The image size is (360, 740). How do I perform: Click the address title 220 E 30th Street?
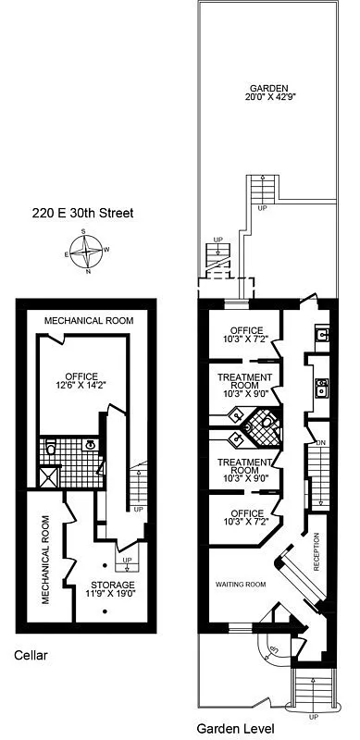point(81,214)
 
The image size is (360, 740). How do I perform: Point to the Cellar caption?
point(31,655)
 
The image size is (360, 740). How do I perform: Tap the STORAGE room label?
point(112,586)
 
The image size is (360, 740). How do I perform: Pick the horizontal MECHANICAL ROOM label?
point(90,321)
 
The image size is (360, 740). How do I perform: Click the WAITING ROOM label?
point(241,585)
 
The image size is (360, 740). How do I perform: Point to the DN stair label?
point(321,443)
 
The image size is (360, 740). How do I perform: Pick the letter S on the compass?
point(83,231)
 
